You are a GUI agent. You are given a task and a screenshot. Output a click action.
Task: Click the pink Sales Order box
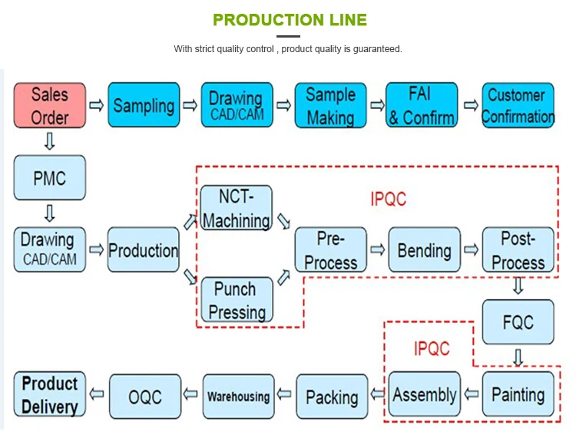click(50, 106)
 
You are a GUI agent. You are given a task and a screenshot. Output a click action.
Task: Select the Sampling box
click(144, 106)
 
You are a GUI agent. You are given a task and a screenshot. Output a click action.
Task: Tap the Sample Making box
click(330, 106)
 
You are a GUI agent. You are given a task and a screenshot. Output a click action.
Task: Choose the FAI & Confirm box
click(421, 106)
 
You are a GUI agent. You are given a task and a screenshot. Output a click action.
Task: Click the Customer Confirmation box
click(518, 106)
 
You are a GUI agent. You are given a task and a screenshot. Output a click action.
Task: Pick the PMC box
click(50, 179)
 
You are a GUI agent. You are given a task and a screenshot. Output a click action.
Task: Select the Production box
click(143, 250)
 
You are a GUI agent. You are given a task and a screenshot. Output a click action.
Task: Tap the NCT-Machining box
click(236, 209)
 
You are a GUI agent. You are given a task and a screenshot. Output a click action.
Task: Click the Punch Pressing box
click(236, 300)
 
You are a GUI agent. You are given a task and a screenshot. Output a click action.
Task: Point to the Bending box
click(424, 250)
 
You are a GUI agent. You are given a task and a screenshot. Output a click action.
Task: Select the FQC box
click(518, 321)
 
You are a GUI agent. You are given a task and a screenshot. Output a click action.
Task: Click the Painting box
click(518, 394)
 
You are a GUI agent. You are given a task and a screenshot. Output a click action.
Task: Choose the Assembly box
click(424, 394)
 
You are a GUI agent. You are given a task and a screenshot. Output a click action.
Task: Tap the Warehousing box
click(237, 396)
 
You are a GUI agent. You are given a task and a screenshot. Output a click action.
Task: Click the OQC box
click(144, 396)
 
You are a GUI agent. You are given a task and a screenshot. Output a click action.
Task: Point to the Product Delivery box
click(50, 394)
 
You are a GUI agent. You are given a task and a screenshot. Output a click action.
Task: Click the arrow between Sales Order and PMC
click(50, 141)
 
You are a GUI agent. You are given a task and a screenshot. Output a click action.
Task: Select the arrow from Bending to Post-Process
click(471, 250)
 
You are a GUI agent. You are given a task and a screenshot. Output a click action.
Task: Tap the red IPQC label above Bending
click(388, 199)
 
